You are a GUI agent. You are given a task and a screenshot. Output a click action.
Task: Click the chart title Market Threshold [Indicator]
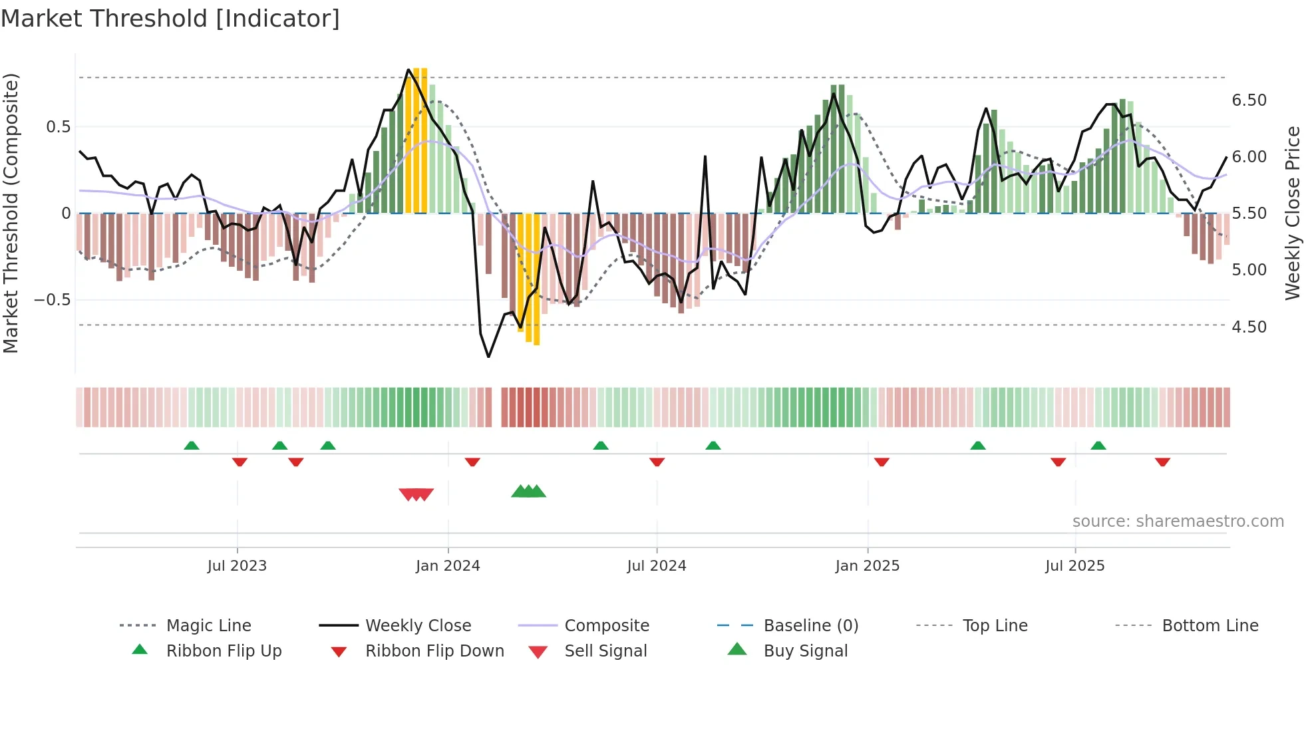click(x=170, y=19)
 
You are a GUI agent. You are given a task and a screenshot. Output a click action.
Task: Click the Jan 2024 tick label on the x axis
click(x=448, y=566)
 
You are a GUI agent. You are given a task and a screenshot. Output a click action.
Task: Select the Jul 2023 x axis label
click(x=237, y=566)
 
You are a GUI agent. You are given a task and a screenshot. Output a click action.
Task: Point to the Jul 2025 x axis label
click(x=1074, y=566)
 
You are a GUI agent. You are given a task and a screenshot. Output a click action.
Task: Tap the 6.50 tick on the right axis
click(x=1249, y=100)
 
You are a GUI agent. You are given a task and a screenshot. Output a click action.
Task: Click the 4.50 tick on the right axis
click(x=1249, y=327)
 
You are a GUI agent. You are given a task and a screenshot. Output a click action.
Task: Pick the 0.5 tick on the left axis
click(x=58, y=127)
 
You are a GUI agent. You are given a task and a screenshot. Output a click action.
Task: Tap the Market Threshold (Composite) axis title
click(x=11, y=213)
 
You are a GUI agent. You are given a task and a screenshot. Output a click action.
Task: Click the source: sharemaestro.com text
click(x=1178, y=521)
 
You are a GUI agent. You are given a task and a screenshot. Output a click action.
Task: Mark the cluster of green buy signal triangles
click(x=528, y=492)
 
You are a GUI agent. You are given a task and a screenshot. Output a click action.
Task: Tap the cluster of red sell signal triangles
click(x=416, y=494)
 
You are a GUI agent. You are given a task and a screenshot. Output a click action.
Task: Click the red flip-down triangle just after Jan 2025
click(x=882, y=462)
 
